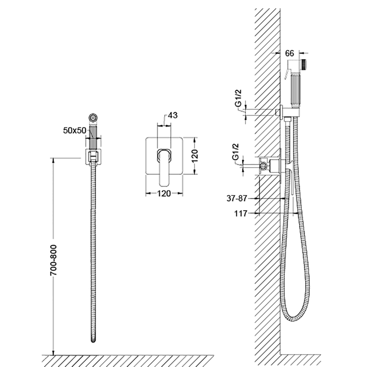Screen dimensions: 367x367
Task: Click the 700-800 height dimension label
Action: pyautogui.click(x=54, y=260)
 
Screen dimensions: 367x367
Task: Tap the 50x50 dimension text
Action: pyautogui.click(x=75, y=130)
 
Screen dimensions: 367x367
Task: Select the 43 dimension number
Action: pyautogui.click(x=173, y=115)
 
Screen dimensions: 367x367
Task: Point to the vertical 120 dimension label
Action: pyautogui.click(x=195, y=156)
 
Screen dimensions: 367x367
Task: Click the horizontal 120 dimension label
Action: pyautogui.click(x=164, y=194)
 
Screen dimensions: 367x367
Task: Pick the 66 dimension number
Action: pyautogui.click(x=289, y=53)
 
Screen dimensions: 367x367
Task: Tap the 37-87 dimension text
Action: pyautogui.click(x=237, y=199)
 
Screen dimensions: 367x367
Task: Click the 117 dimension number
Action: pyautogui.click(x=240, y=213)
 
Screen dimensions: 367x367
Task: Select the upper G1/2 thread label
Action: pyautogui.click(x=238, y=98)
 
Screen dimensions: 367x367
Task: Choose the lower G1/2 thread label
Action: pyautogui.click(x=235, y=152)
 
